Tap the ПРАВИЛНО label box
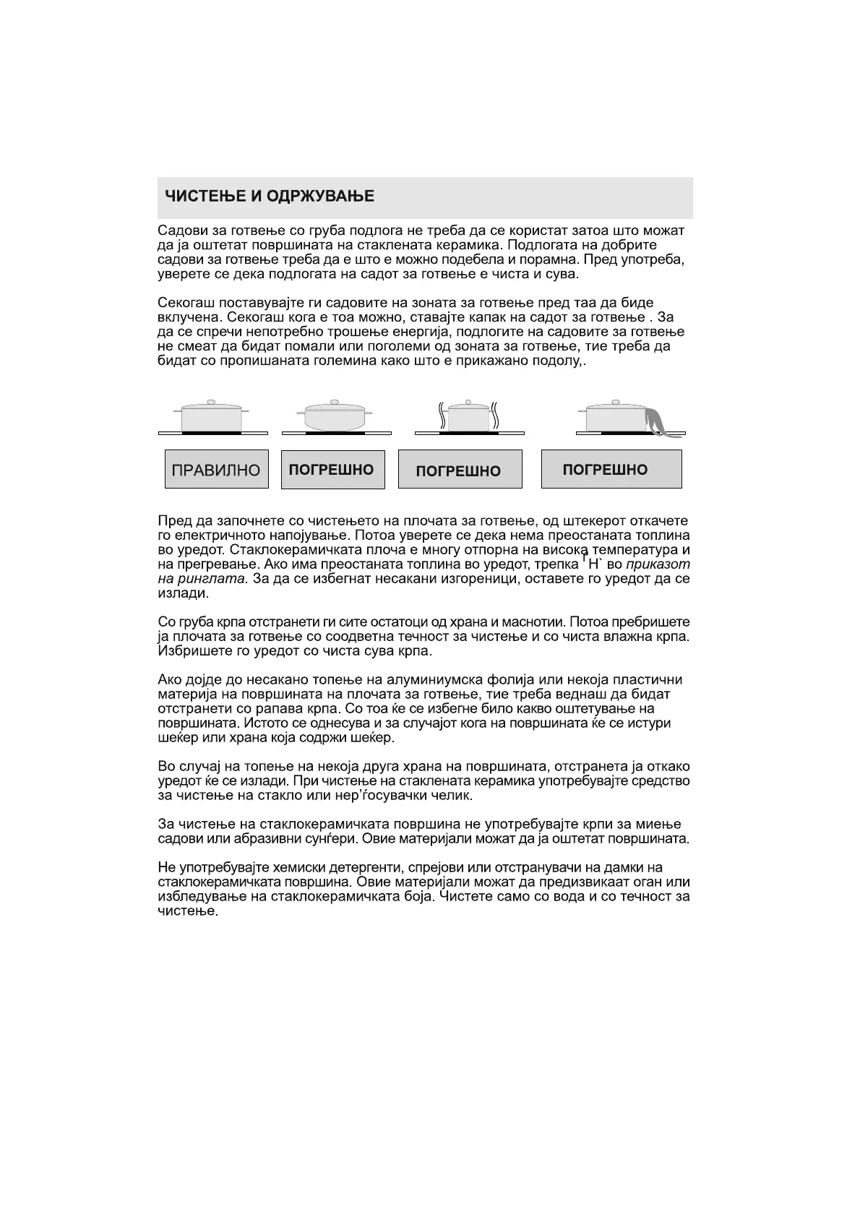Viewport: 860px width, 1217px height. point(216,470)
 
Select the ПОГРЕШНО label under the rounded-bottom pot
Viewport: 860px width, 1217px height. point(332,470)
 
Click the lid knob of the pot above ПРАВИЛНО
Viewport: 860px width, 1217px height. point(211,402)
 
